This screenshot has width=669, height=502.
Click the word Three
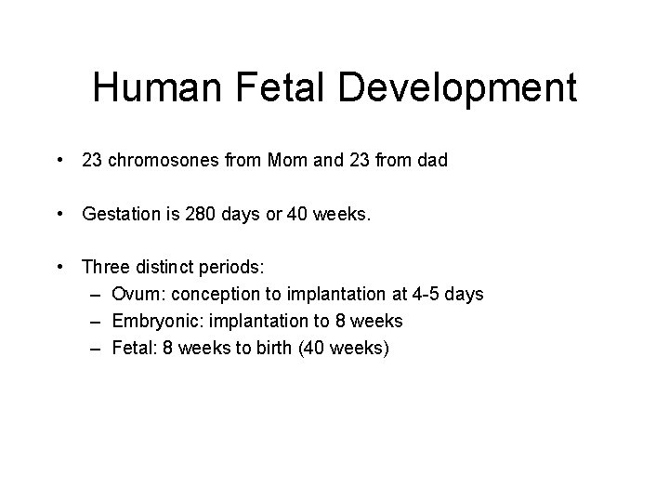[105, 268]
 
